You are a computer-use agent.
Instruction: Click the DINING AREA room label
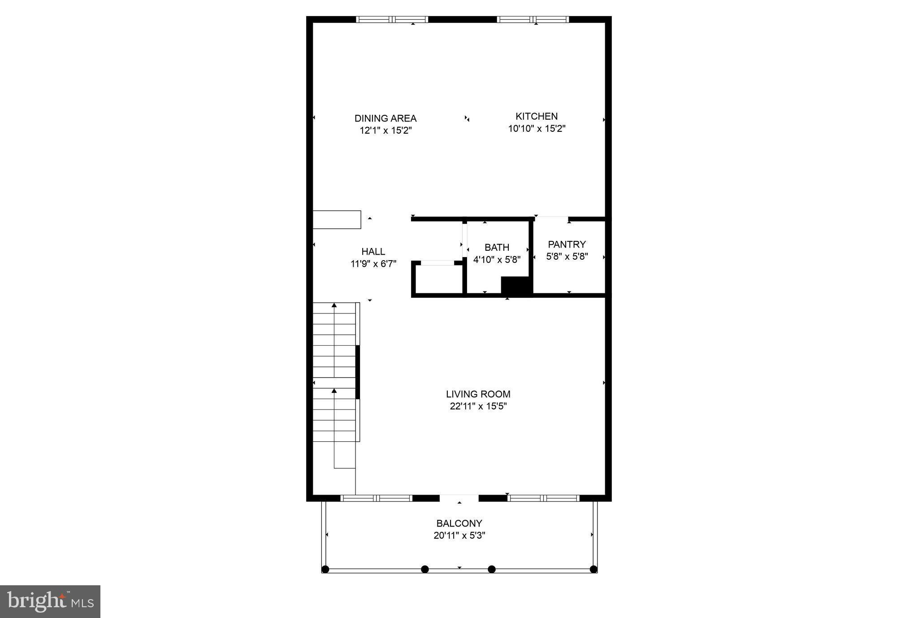click(385, 118)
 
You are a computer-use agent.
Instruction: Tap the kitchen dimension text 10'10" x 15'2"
click(537, 129)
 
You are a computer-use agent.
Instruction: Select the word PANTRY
click(567, 244)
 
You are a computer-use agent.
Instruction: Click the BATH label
click(497, 248)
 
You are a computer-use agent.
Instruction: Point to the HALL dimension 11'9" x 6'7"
click(373, 264)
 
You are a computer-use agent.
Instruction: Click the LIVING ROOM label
click(478, 394)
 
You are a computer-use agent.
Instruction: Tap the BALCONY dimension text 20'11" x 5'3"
click(459, 535)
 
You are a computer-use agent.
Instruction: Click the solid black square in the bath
click(516, 286)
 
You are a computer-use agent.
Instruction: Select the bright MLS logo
click(50, 601)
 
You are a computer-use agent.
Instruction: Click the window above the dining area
click(392, 19)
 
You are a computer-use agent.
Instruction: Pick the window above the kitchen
click(533, 19)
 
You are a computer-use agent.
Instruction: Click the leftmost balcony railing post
click(325, 569)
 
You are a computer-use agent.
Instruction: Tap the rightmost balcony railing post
click(593, 569)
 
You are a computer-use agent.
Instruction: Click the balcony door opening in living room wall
click(459, 498)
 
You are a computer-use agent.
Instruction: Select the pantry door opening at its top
click(552, 218)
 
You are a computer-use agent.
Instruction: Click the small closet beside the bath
click(437, 279)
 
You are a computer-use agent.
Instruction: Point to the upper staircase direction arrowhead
click(334, 305)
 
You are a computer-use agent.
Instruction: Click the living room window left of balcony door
click(377, 498)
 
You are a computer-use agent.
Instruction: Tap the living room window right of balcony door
click(543, 498)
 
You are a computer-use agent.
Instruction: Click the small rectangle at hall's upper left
click(337, 220)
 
